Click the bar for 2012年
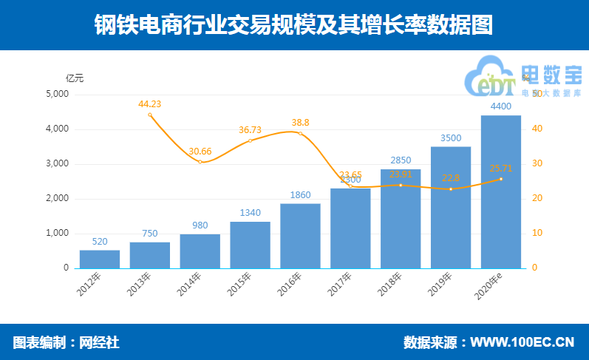[99, 259]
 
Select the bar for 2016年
[300, 235]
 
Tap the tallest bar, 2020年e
[500, 191]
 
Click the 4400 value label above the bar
[500, 106]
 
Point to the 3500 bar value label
[450, 137]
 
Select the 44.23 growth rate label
[149, 103]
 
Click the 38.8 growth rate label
[300, 123]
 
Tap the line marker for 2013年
[149, 115]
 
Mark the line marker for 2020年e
[500, 179]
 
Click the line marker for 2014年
[200, 162]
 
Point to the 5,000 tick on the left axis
[57, 95]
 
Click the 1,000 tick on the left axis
[57, 233]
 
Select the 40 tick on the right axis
[539, 129]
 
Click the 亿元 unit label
[75, 78]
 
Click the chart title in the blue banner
[293, 26]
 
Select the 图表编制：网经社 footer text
[66, 342]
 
